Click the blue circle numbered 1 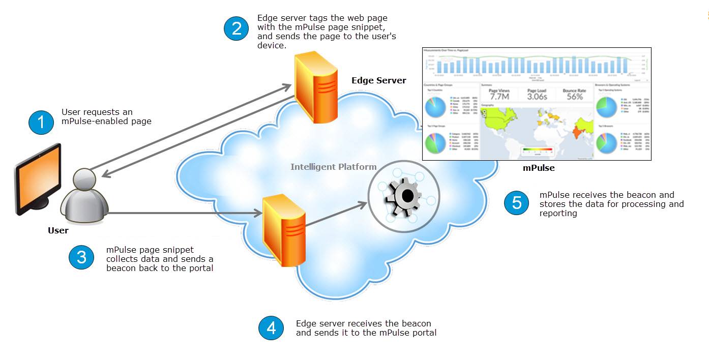coord(41,122)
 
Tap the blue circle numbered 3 coord(81,258)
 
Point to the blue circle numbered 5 coord(517,203)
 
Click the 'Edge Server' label coord(378,80)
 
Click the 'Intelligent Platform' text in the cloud coord(333,167)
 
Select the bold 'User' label coord(58,230)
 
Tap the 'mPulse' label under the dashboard coord(539,168)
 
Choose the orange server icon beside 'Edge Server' coord(315,87)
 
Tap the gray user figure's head coord(84,179)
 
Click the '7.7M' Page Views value coord(499,96)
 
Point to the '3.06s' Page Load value coord(537,96)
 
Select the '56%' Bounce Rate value coord(574,96)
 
